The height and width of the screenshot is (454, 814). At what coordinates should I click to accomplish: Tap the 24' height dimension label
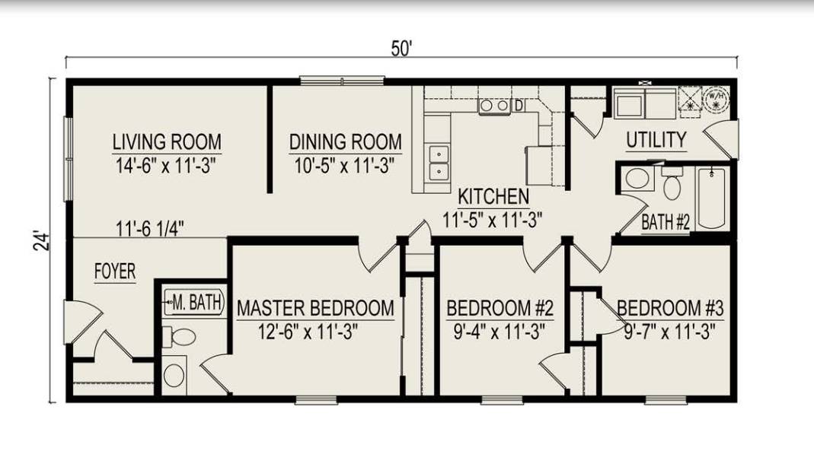tap(43, 240)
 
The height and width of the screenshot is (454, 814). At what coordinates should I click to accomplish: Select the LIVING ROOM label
tap(167, 142)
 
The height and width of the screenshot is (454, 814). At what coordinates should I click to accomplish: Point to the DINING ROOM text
tap(345, 142)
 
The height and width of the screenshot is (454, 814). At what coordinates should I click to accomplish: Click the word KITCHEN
tap(493, 197)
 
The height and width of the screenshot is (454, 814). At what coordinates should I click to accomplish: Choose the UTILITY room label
tap(656, 141)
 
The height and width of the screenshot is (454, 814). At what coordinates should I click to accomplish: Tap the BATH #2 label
tap(665, 223)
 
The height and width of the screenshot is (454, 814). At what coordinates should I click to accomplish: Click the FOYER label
tap(115, 271)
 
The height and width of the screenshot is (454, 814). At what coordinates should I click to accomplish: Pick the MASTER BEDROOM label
tap(315, 308)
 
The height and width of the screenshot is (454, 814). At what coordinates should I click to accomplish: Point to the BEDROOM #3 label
tap(669, 308)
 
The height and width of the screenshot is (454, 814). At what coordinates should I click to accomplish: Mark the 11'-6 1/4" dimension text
tap(149, 227)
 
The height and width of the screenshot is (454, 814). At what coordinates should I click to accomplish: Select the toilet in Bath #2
tap(671, 183)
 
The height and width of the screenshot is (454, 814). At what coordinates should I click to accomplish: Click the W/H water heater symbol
tap(716, 98)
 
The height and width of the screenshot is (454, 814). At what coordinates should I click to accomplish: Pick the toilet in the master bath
tap(180, 335)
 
